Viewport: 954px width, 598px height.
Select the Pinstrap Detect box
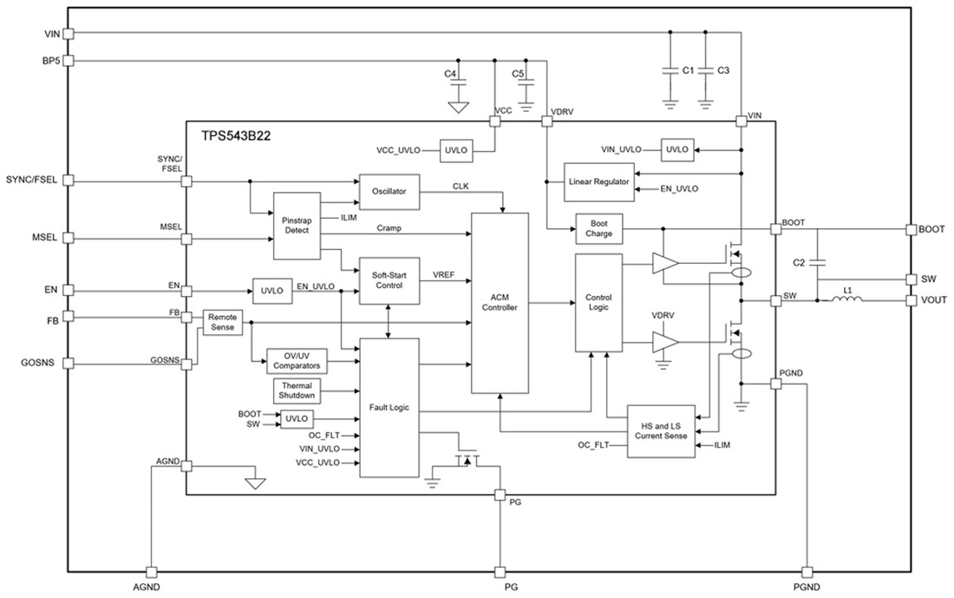point(297,226)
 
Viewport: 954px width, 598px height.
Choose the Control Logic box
point(598,302)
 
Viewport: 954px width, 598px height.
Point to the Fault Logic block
point(389,407)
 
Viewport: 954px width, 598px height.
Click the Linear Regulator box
point(598,182)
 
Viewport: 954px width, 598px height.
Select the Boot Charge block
point(598,228)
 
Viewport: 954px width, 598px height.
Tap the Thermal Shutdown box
point(297,391)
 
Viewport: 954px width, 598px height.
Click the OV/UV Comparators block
point(297,360)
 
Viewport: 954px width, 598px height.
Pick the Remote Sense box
point(222,322)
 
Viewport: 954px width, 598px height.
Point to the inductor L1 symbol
point(847,300)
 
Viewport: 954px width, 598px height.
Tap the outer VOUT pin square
point(911,300)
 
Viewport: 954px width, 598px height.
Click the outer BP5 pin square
point(69,61)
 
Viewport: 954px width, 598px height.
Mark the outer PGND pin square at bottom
point(807,572)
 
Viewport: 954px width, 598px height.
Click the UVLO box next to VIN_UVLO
point(676,149)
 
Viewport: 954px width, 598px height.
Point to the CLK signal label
point(461,187)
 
